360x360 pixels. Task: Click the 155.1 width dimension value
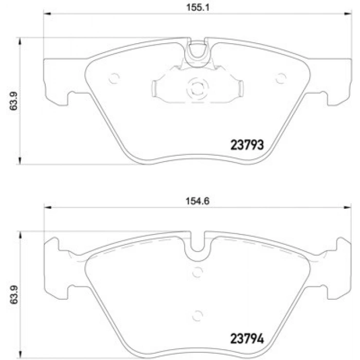coord(197,8)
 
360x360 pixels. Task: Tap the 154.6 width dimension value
coord(197,201)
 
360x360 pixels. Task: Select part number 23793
coord(247,145)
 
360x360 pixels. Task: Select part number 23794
coord(247,338)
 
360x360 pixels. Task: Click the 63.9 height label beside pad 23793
coord(14,101)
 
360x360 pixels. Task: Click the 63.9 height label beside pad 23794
coord(14,295)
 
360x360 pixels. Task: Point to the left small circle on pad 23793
coord(114,78)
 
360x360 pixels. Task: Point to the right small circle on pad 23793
coord(281,78)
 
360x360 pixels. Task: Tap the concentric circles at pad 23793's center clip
coord(197,88)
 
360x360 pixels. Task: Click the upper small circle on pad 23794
coord(197,272)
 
